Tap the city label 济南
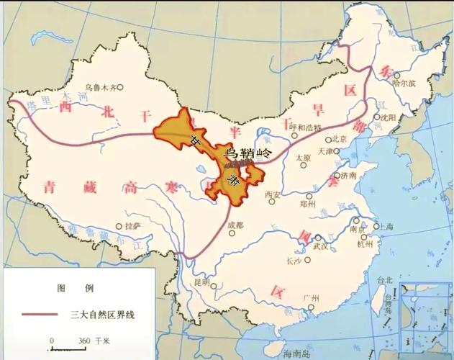pyautogui.click(x=348, y=174)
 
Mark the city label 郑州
pyautogui.click(x=308, y=204)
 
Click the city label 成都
pyautogui.click(x=235, y=225)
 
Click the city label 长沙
pyautogui.click(x=294, y=261)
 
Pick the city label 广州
pyautogui.click(x=311, y=297)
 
